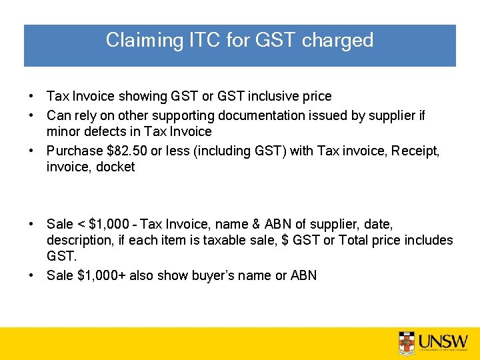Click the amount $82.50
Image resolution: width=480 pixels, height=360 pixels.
(x=121, y=151)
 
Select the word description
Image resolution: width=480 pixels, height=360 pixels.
(x=77, y=241)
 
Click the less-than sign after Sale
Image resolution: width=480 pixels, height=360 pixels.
(x=75, y=225)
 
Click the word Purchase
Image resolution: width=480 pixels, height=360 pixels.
(x=71, y=151)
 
